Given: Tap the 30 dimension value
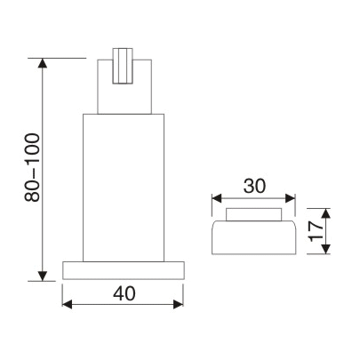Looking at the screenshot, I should pos(253,188).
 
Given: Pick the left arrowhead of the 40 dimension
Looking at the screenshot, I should pos(68,305).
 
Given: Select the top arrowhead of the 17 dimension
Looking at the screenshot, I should pos(325,212).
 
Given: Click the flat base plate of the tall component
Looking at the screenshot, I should pos(124,270).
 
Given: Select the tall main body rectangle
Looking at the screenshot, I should pos(124,187).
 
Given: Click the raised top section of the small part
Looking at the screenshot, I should pos(253,213).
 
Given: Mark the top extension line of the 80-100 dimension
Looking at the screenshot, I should pos(62,59).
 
